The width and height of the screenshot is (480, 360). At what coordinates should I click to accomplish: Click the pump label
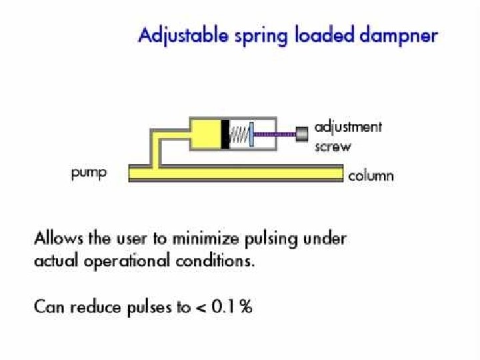click(x=89, y=175)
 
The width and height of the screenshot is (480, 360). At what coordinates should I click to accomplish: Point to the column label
click(x=371, y=176)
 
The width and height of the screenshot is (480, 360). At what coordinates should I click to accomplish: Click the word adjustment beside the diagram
click(x=348, y=127)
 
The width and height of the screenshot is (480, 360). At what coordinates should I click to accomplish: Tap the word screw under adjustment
click(x=332, y=146)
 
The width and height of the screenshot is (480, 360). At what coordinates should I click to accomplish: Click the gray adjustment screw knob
click(x=302, y=133)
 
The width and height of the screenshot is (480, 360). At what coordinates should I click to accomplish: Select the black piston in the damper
click(x=225, y=133)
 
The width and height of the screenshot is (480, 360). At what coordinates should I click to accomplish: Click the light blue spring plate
click(x=251, y=133)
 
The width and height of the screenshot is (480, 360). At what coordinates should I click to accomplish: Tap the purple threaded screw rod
click(x=275, y=134)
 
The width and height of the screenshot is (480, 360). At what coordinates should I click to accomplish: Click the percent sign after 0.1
click(x=246, y=307)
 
